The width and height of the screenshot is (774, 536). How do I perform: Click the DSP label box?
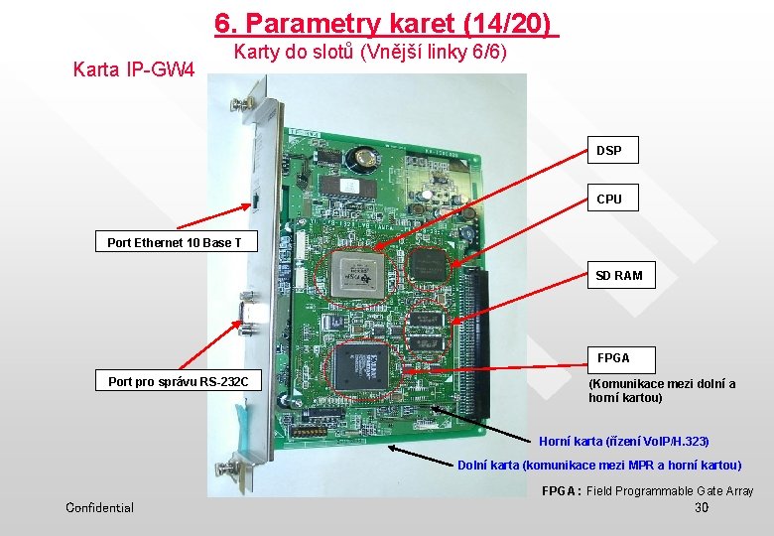point(609,151)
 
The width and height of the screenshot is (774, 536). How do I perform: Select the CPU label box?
point(609,200)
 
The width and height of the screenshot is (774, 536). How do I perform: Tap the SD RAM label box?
point(619,275)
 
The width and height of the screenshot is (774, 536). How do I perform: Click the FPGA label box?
point(613,357)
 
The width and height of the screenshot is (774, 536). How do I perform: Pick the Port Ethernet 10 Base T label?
point(175,242)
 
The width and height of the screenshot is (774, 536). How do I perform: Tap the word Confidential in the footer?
point(99,507)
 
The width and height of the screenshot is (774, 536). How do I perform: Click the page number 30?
point(702,507)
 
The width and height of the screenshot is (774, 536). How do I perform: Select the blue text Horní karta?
point(624,441)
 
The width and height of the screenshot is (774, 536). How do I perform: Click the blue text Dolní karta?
point(599,466)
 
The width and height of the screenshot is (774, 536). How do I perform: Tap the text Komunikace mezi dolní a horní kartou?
point(662,390)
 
